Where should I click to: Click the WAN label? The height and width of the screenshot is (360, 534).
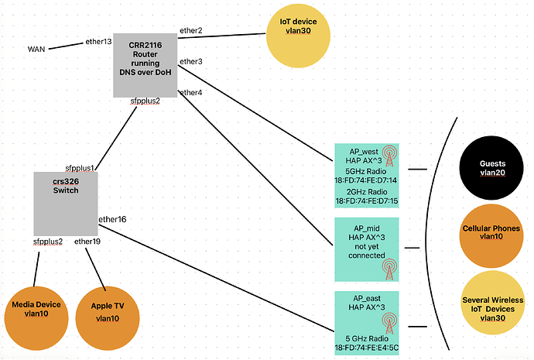36,49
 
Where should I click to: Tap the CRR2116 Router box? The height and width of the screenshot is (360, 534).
145,65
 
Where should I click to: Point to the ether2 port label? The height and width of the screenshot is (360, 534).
191,30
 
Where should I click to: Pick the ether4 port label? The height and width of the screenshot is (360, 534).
191,93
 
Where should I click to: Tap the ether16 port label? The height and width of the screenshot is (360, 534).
112,220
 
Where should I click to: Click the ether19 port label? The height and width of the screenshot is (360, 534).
87,242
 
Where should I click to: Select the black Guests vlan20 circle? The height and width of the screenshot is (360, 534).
488,169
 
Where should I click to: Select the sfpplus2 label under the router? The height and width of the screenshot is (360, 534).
145,101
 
